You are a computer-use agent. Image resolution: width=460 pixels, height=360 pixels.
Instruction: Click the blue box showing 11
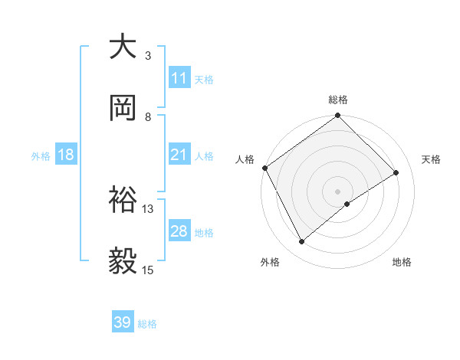coord(179,78)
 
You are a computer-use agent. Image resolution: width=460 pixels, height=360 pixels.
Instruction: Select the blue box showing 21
coord(179,155)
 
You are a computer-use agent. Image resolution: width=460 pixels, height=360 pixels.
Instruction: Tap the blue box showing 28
coord(179,231)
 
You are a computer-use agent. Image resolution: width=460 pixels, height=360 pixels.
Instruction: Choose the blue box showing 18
coord(66,155)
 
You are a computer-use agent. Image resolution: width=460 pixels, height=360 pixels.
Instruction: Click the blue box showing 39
coord(123,322)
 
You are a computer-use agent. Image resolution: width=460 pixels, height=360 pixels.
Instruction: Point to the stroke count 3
coord(148,55)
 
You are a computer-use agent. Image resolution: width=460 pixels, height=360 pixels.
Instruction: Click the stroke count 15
coord(148,270)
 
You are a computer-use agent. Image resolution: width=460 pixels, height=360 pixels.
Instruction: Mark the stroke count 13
coord(148,208)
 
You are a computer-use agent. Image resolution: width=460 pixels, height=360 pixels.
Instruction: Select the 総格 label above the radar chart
coord(338,100)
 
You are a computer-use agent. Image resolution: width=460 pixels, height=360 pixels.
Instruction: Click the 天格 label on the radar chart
coord(431,159)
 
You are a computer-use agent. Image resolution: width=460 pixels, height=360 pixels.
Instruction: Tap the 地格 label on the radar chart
coord(402,263)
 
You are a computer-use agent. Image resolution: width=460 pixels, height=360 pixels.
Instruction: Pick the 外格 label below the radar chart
coord(270,263)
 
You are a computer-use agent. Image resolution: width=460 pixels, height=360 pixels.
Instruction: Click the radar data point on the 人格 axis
coord(264,168)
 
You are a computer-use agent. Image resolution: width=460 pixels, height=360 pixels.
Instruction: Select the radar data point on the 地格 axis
coord(347,204)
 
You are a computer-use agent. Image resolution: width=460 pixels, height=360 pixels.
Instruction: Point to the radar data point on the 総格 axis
coord(337,116)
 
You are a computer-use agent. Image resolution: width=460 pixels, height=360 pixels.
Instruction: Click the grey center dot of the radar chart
coord(337,191)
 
